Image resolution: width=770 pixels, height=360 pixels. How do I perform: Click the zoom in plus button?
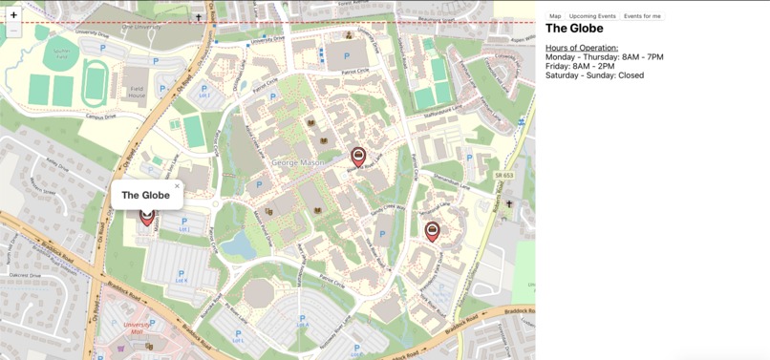click(x=13, y=15)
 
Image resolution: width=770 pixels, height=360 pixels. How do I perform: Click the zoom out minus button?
click(x=13, y=31)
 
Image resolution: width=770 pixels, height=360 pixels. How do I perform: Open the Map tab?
click(x=555, y=16)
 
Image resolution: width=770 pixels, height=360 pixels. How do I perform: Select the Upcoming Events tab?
click(x=592, y=16)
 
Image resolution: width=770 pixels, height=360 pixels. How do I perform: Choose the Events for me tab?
click(x=642, y=16)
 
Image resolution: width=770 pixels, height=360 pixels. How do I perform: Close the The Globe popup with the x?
click(x=177, y=186)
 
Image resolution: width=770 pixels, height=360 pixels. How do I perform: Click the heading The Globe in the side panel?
click(x=574, y=29)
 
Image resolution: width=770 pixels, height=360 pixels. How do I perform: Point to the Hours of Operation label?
click(x=581, y=48)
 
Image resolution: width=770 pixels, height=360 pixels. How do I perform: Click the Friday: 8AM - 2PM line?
click(x=579, y=66)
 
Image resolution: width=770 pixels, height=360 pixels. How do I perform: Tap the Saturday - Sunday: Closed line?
click(x=594, y=75)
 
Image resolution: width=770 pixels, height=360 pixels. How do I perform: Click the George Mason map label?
click(x=299, y=162)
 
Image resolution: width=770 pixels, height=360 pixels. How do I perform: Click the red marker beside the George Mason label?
click(x=358, y=156)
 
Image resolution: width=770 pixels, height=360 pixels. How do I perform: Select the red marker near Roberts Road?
click(x=432, y=230)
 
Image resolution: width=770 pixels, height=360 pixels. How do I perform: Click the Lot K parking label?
click(x=181, y=278)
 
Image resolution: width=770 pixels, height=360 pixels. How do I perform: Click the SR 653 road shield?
click(x=504, y=175)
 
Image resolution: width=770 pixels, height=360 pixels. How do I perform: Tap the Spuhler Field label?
click(x=62, y=52)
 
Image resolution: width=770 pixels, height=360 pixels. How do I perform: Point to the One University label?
click(x=140, y=27)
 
